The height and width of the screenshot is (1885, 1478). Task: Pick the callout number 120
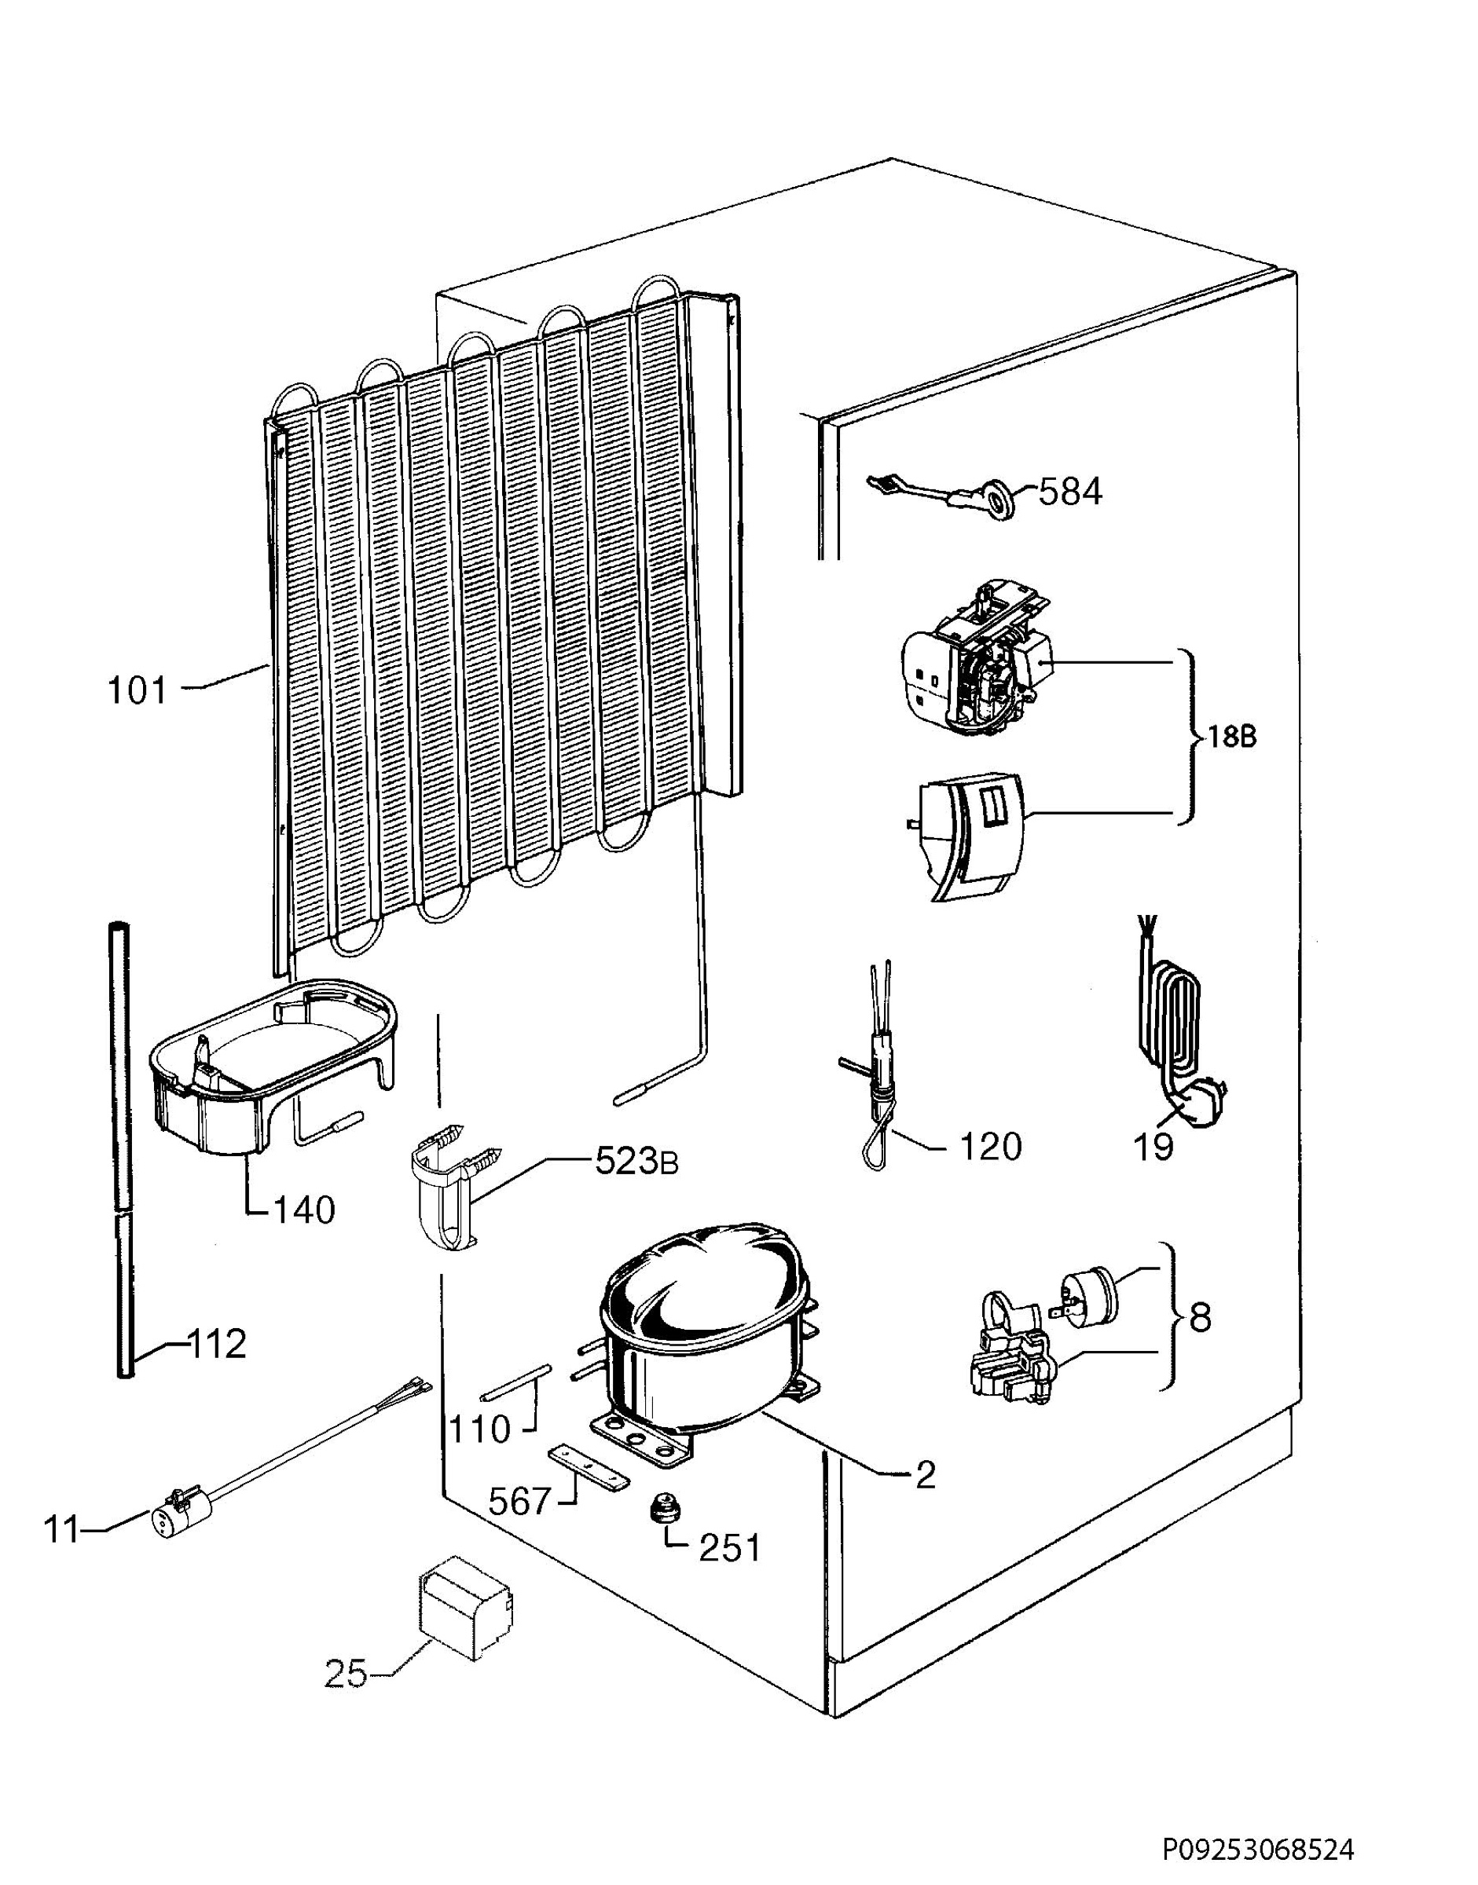tap(990, 1147)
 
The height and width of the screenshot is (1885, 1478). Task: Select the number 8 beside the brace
tap(1200, 1319)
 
